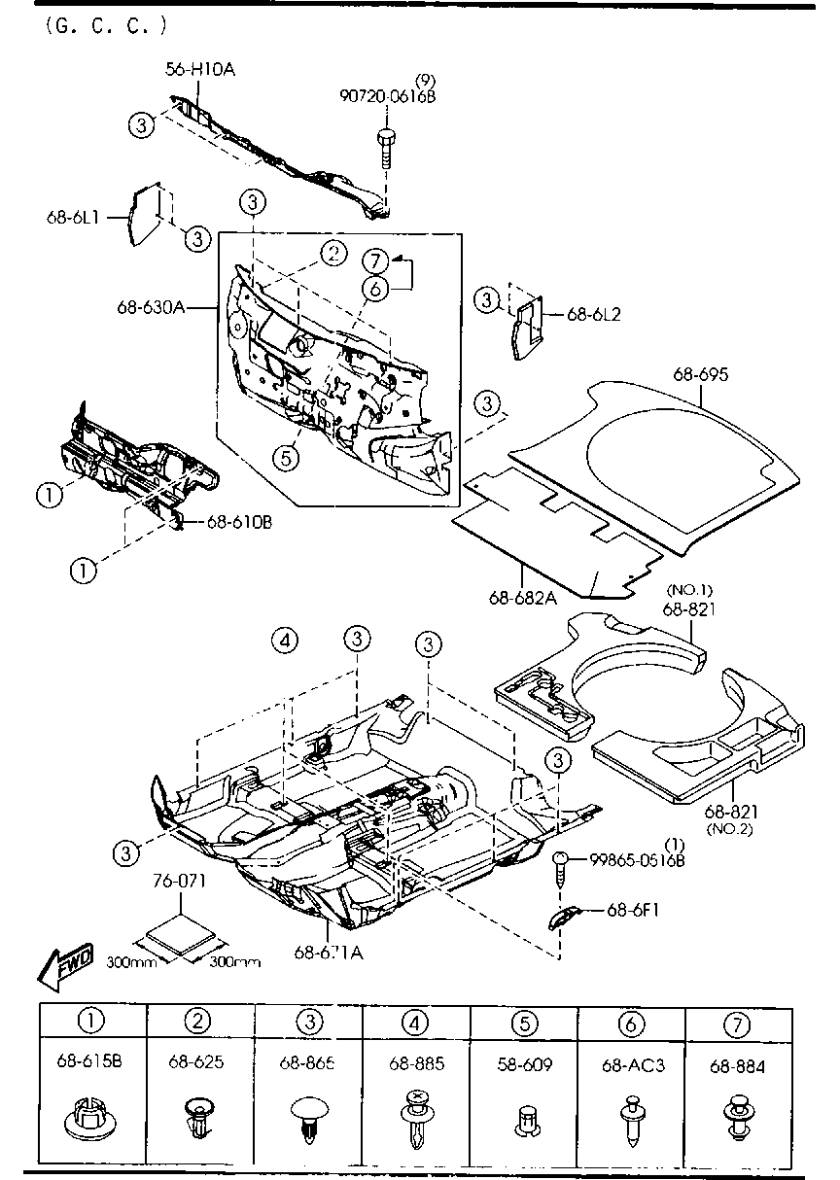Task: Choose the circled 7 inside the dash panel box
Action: tap(376, 260)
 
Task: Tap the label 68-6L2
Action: tap(593, 314)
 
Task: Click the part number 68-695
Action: tap(700, 374)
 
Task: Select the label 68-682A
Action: tap(523, 596)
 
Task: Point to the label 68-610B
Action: tap(238, 522)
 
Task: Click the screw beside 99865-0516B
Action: tap(561, 867)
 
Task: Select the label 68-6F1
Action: tap(634, 911)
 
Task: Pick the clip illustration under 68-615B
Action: tap(90, 1119)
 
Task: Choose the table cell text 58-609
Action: tap(523, 1064)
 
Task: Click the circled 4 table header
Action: tap(416, 1022)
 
